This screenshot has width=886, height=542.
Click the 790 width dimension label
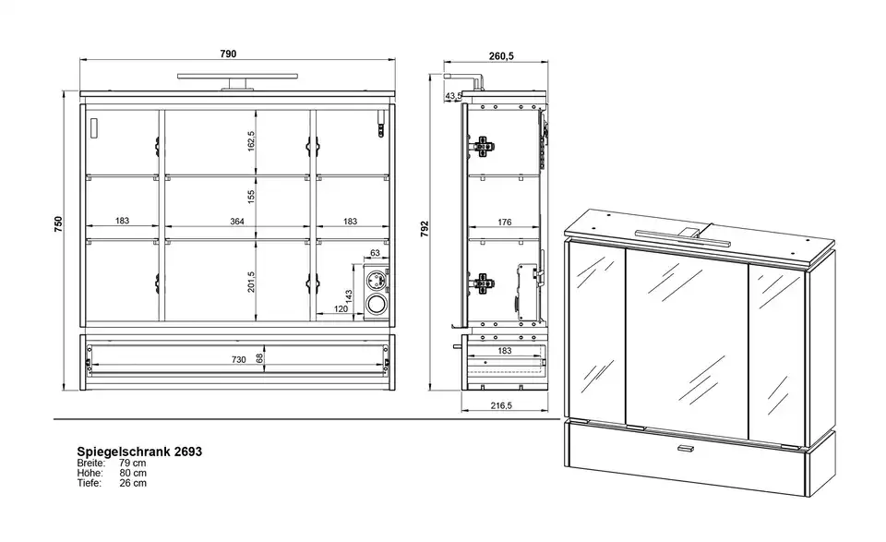(228, 54)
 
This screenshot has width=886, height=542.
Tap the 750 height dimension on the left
(59, 224)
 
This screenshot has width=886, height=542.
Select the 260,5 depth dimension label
(500, 56)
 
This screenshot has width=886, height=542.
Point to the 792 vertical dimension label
(425, 228)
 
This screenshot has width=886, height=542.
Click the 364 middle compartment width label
(237, 222)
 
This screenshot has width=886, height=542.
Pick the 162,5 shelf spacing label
(251, 141)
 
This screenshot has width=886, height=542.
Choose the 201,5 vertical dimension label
(251, 282)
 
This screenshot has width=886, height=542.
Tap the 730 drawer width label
(238, 359)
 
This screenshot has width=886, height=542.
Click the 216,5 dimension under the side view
(501, 405)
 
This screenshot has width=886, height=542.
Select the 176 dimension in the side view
(505, 223)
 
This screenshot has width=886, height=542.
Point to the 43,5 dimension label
(453, 96)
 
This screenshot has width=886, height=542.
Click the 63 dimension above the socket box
(376, 253)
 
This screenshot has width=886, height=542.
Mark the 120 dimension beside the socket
(341, 308)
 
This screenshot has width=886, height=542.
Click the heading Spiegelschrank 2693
(139, 452)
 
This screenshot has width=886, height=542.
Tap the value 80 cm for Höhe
(133, 473)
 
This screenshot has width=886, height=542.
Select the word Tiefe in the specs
(90, 483)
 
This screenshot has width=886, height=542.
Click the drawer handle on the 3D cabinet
(686, 449)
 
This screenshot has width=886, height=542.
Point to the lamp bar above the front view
(238, 77)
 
